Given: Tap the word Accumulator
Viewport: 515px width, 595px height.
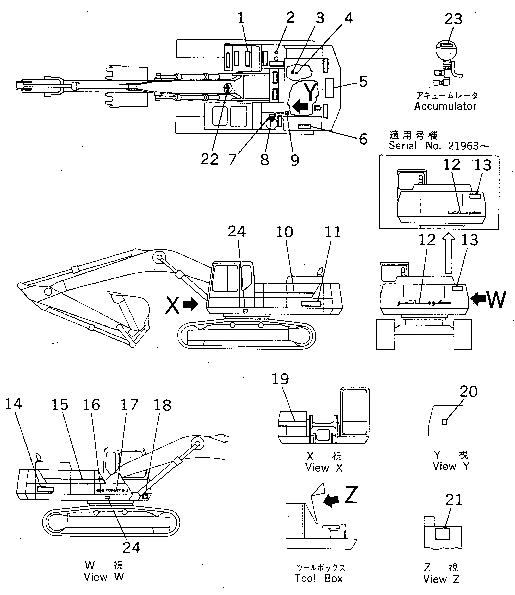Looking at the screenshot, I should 445,106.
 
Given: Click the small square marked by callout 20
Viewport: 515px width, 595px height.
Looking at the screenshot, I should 444,422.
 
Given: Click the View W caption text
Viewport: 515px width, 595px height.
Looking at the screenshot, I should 104,577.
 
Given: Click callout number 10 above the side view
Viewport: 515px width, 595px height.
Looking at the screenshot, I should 284,232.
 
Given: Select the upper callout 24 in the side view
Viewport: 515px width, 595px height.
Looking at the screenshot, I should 237,231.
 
